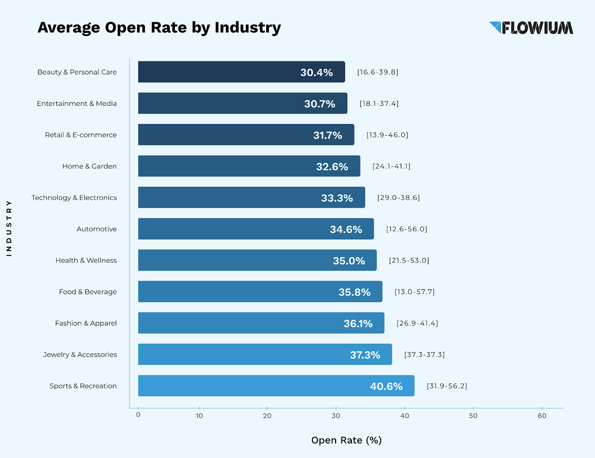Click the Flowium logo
point(531,28)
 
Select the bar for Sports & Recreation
point(276,386)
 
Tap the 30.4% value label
point(316,72)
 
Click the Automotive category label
point(97,229)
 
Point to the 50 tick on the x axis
point(473,416)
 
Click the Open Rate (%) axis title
point(346,440)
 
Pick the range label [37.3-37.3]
point(424,354)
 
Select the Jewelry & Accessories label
point(80,354)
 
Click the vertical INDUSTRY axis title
point(9,228)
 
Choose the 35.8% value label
point(354,292)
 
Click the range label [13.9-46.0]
point(387,135)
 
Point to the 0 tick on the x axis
point(138,415)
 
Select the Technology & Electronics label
point(74,198)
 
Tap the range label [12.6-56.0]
point(406,229)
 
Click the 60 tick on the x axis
point(542,416)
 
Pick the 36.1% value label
point(358,324)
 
